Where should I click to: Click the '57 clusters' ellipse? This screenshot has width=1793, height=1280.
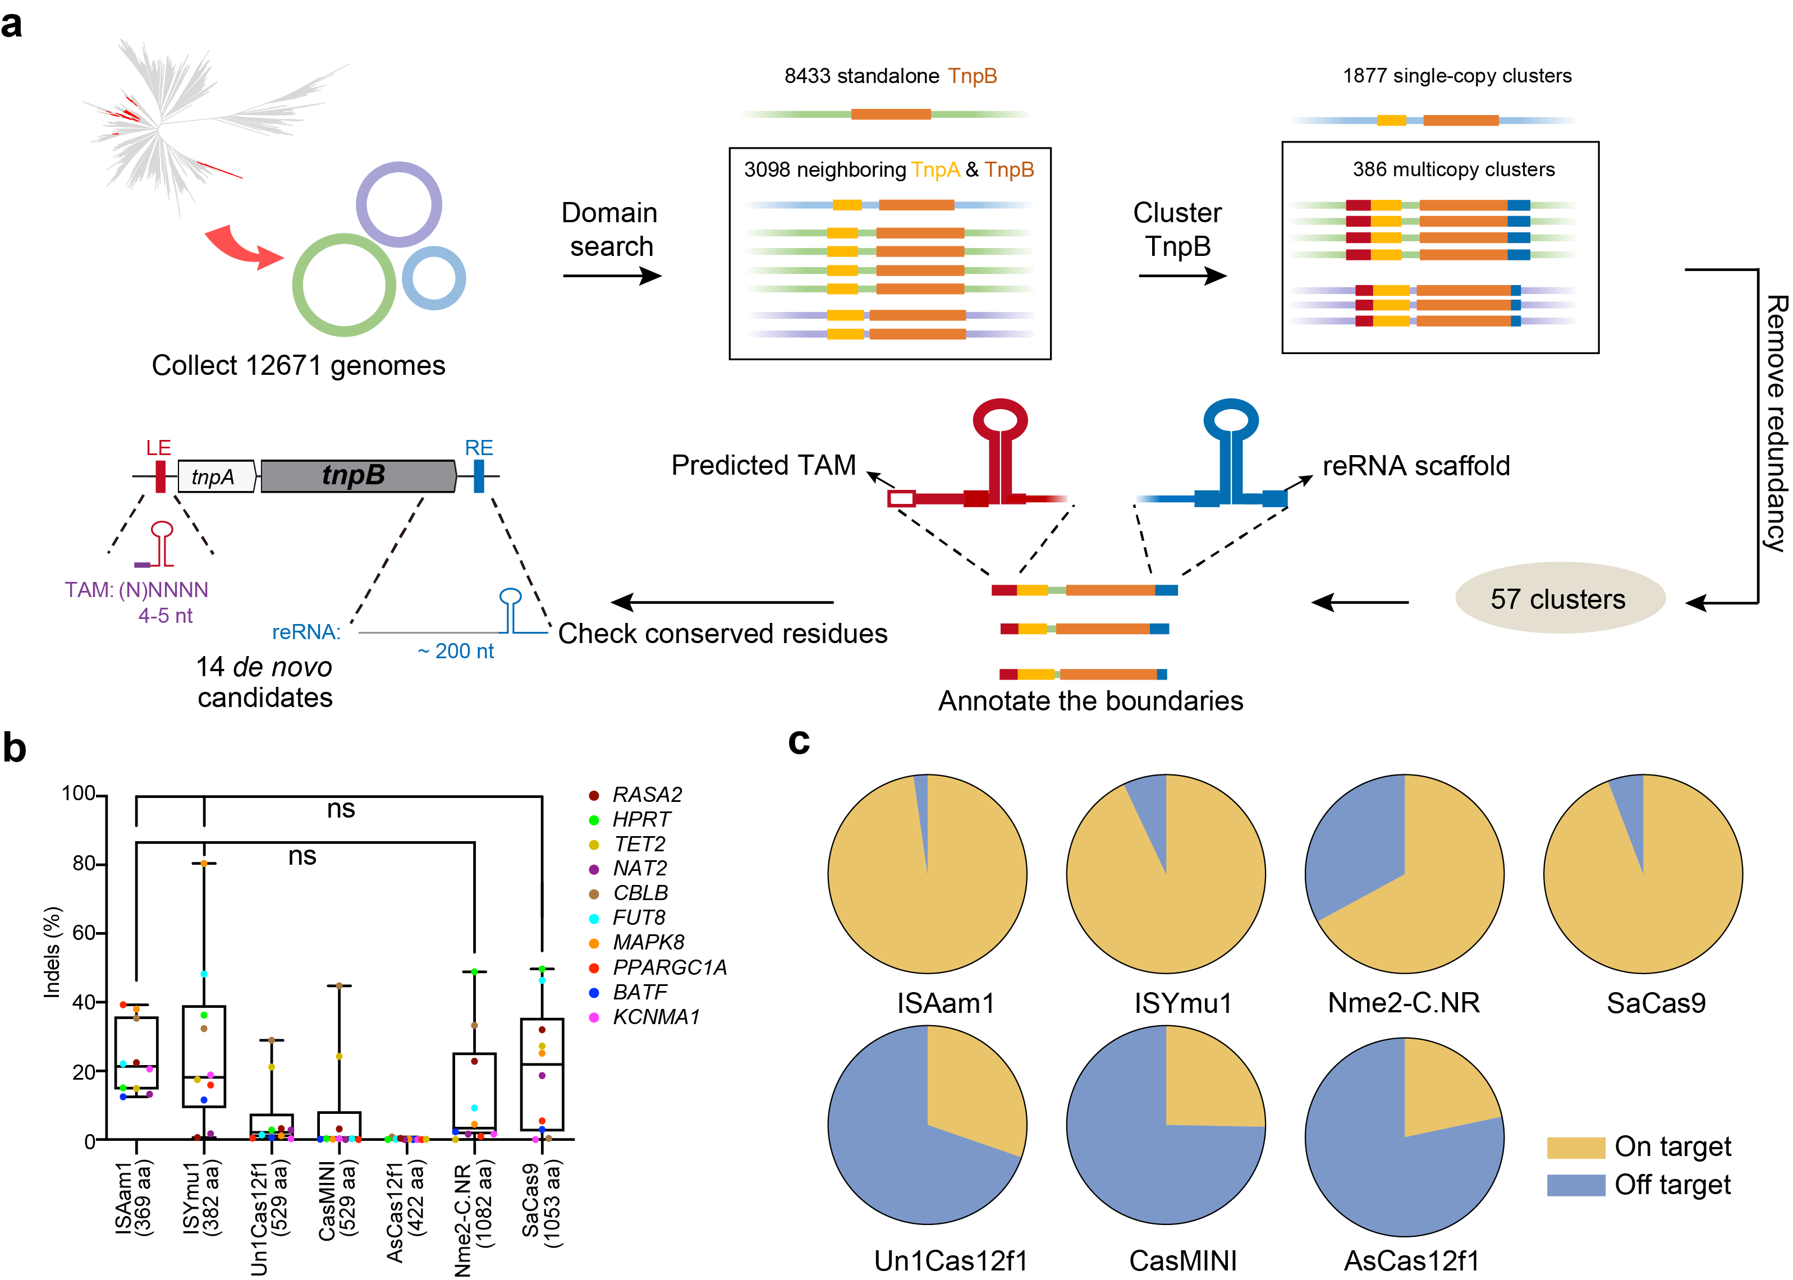[1559, 599]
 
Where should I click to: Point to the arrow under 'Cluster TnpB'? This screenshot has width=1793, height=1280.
[1181, 276]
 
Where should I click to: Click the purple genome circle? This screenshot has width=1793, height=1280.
[399, 205]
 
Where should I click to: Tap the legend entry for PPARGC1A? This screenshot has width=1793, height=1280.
[669, 967]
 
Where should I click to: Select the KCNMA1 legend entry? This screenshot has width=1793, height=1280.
[655, 1017]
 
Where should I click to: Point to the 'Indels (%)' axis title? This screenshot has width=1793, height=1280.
[52, 952]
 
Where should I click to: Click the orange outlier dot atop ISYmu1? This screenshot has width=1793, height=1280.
[204, 864]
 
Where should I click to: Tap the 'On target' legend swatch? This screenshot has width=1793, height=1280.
[1575, 1148]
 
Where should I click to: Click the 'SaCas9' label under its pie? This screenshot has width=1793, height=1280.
[1656, 1003]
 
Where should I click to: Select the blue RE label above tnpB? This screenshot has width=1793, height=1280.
[478, 448]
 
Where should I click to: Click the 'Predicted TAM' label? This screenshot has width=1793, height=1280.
[763, 465]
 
